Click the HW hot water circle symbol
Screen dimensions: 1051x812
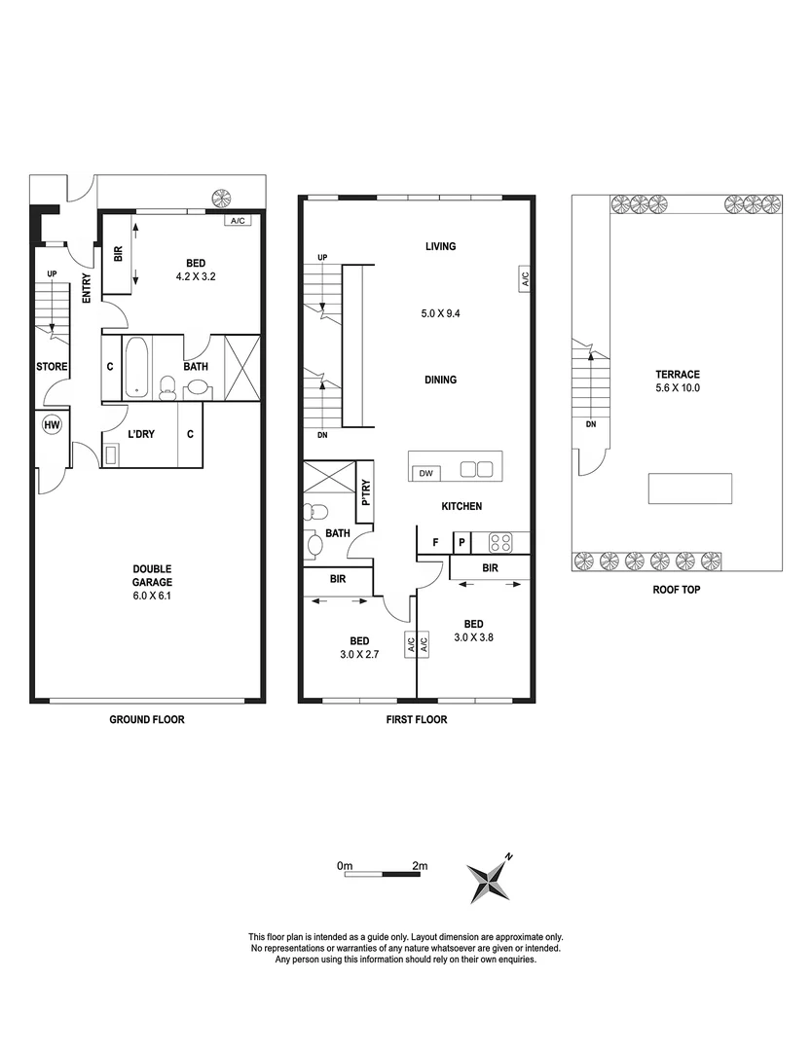pyautogui.click(x=51, y=424)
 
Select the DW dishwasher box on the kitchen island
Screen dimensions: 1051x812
pyautogui.click(x=425, y=473)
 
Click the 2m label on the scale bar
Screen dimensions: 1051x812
pyautogui.click(x=420, y=865)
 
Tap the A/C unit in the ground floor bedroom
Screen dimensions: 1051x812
pyautogui.click(x=239, y=221)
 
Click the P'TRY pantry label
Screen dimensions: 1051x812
pyautogui.click(x=365, y=495)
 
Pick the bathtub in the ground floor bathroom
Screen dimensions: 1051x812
pyautogui.click(x=135, y=368)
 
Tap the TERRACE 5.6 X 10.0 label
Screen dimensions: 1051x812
pyautogui.click(x=678, y=381)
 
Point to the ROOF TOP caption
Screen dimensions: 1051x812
pyautogui.click(x=677, y=590)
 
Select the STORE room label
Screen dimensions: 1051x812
pyautogui.click(x=51, y=367)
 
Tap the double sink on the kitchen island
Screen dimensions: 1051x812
pyautogui.click(x=476, y=469)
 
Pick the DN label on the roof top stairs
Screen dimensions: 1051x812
pyautogui.click(x=590, y=425)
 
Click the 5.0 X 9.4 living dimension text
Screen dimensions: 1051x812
pyautogui.click(x=440, y=314)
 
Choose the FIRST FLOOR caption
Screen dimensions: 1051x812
pyautogui.click(x=418, y=720)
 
